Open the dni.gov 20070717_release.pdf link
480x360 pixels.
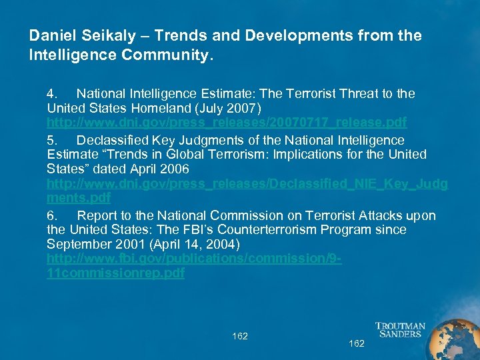click(x=227, y=123)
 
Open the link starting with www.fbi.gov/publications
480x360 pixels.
click(x=194, y=259)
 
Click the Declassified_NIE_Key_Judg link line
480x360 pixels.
click(x=247, y=183)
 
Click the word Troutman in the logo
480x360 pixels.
click(x=400, y=327)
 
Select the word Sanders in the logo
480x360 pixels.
click(x=400, y=335)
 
